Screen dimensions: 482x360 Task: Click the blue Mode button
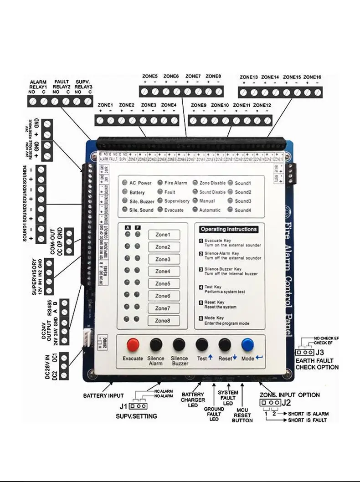click(248, 344)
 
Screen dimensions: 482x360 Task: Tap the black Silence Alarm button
click(156, 344)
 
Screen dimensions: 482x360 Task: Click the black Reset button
click(225, 344)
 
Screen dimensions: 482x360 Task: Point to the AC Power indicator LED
click(125, 183)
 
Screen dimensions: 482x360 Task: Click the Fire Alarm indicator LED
click(160, 183)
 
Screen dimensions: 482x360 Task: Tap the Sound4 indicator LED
click(231, 210)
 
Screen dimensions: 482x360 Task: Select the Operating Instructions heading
click(229, 229)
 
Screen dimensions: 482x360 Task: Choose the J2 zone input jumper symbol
click(269, 403)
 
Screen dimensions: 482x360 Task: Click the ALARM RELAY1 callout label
click(38, 84)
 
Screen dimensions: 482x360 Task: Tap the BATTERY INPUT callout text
click(103, 395)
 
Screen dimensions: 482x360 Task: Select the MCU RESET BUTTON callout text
click(242, 415)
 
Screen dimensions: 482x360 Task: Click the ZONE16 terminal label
click(312, 77)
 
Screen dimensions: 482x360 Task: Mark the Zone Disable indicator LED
click(195, 183)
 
